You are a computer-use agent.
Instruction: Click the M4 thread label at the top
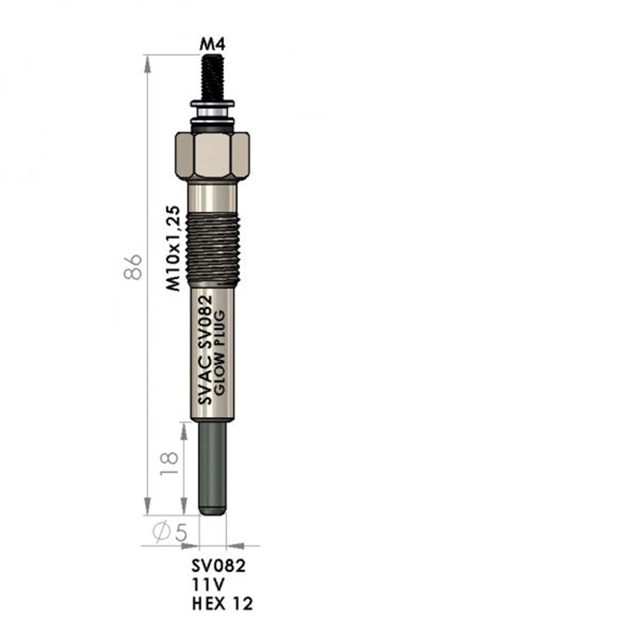pyautogui.click(x=212, y=44)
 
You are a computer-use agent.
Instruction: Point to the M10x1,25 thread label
pyautogui.click(x=173, y=248)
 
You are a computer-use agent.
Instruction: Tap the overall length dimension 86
pyautogui.click(x=133, y=267)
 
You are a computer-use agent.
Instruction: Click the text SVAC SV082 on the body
pyautogui.click(x=205, y=350)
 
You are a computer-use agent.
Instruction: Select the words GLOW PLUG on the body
pyautogui.click(x=219, y=353)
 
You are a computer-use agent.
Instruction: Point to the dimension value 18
pyautogui.click(x=169, y=464)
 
